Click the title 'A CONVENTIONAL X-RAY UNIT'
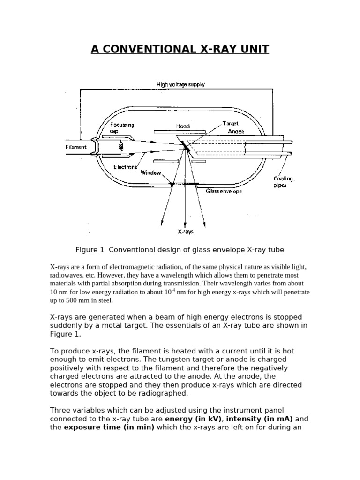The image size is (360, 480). [180, 49]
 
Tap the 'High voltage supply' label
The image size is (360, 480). [180, 84]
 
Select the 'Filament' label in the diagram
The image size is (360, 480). [76, 147]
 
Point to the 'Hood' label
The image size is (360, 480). [183, 126]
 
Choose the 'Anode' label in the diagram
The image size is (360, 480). [236, 132]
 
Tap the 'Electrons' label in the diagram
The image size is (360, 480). [125, 166]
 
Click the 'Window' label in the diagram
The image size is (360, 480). [151, 172]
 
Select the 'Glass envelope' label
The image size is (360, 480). [224, 191]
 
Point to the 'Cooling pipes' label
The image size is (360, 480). [284, 182]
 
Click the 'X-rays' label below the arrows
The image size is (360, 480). [185, 232]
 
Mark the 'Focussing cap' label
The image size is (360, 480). [122, 128]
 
